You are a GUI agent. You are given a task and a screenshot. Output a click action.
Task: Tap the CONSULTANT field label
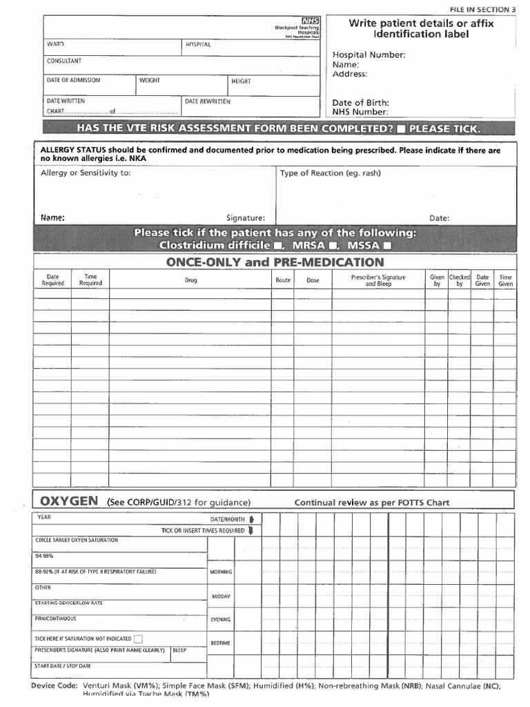pos(63,61)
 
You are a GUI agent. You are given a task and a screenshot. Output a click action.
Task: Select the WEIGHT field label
pos(149,80)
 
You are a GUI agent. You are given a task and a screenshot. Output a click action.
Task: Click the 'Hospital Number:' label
pos(369,55)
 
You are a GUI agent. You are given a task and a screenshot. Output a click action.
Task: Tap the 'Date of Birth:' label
pos(360,102)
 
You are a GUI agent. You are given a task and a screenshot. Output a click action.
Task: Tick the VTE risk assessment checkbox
pos(401,128)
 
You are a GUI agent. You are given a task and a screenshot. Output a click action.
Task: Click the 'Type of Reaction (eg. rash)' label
pos(330,173)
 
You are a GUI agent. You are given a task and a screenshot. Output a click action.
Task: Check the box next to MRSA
pos(333,246)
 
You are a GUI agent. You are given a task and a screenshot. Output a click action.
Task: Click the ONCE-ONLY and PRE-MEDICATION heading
pos(275,262)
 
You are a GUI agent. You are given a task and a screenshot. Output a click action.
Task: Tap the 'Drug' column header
pos(190,280)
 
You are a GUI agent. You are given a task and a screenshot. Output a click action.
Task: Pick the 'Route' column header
pos(282,280)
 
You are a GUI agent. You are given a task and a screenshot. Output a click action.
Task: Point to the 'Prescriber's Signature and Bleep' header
pos(378,280)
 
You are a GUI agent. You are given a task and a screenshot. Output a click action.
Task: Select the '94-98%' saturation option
pos(44,555)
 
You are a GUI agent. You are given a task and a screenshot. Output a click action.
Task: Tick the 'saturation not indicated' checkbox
pos(139,639)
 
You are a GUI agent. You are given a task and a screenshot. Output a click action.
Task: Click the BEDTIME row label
pos(220,643)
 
